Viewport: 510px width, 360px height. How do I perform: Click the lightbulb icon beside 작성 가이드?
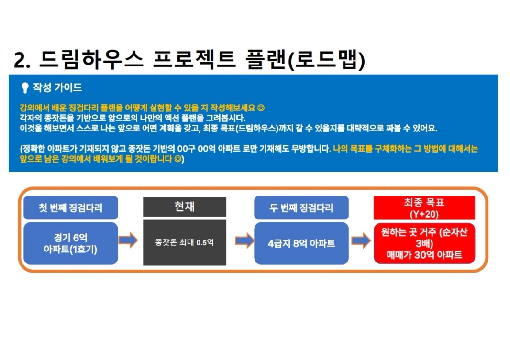(x=25, y=87)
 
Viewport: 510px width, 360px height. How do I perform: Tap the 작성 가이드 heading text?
(x=57, y=87)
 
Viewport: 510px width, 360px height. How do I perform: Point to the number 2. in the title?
(x=22, y=60)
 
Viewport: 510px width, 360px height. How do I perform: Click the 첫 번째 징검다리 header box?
(x=71, y=207)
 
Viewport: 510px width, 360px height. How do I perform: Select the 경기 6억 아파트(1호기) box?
(x=71, y=243)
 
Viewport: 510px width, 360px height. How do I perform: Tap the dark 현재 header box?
(x=185, y=207)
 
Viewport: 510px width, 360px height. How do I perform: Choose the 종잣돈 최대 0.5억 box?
(x=185, y=242)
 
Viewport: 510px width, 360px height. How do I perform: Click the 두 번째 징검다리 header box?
(x=301, y=207)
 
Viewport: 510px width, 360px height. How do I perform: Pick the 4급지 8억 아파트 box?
(x=301, y=243)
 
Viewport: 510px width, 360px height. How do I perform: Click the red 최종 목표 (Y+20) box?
(x=424, y=208)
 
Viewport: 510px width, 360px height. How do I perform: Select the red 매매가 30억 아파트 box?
(x=424, y=243)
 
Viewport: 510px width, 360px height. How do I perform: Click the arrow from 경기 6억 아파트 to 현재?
(x=128, y=240)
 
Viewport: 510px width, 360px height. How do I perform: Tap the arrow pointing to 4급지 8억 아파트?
(x=244, y=240)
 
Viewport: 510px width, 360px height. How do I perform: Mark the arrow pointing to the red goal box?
(x=361, y=240)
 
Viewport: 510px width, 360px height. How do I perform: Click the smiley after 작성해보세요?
(x=261, y=108)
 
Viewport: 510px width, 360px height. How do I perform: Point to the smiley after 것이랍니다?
(x=177, y=159)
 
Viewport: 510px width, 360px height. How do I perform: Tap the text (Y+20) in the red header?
(x=424, y=214)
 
